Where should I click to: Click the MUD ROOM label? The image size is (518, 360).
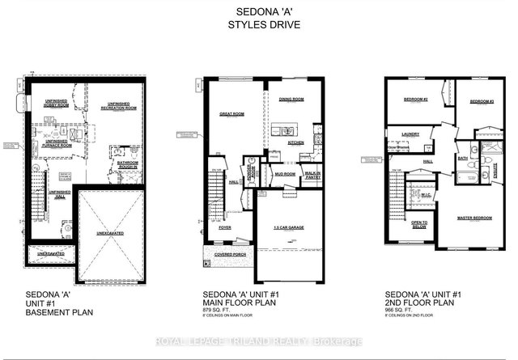[x=283, y=173]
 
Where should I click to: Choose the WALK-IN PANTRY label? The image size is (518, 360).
[x=312, y=173]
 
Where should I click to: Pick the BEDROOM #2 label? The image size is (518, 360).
[x=415, y=100]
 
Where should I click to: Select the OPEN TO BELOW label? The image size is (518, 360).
[x=419, y=224]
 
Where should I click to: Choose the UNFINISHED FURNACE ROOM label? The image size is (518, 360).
[x=57, y=142]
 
